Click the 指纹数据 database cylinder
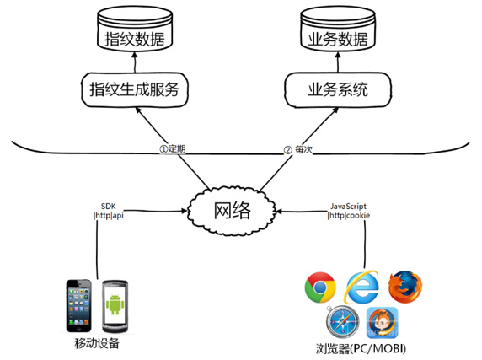(x=135, y=29)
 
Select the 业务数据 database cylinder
(x=338, y=29)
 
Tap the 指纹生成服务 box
(x=135, y=89)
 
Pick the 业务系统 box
(x=338, y=89)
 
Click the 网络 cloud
(x=232, y=211)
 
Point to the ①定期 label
(x=173, y=149)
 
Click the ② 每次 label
(x=297, y=150)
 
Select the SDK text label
(x=109, y=207)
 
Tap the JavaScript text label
(x=348, y=207)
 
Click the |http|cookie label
(x=349, y=215)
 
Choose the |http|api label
(x=109, y=215)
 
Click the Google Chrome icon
(x=320, y=287)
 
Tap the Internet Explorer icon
(x=361, y=287)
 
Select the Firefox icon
(x=405, y=287)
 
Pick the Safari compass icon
(x=342, y=322)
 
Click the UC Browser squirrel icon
(x=382, y=323)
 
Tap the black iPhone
(x=79, y=305)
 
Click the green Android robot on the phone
(x=115, y=304)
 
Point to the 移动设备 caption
(x=97, y=343)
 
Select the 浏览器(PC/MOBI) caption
(x=361, y=349)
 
